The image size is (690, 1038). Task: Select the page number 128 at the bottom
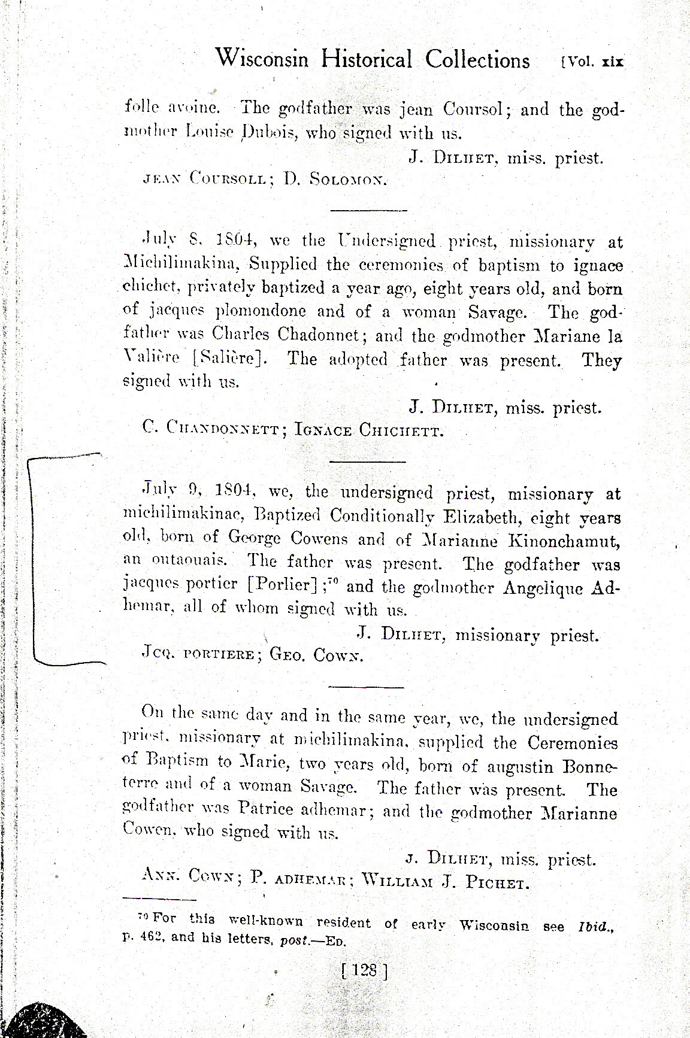point(364,969)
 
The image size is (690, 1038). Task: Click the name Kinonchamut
point(564,541)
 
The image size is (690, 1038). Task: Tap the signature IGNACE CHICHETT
point(369,430)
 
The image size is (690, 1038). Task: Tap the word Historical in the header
point(367,59)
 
